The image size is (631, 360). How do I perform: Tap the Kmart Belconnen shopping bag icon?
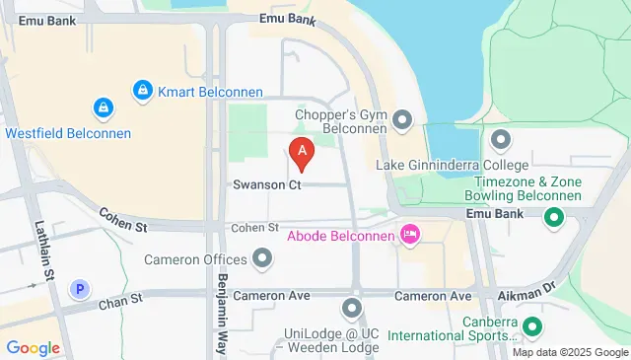pos(143,92)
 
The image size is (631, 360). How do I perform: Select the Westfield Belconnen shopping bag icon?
pos(102,107)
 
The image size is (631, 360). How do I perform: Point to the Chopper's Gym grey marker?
pos(402,121)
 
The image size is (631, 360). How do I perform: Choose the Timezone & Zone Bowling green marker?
pos(554,217)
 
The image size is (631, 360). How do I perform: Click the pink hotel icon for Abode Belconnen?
pos(408,235)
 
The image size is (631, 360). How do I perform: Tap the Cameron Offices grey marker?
pos(262,259)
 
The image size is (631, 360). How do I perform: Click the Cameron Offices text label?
pos(194,259)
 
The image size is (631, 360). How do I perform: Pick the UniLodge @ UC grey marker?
pos(353,310)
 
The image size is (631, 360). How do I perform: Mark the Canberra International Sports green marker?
pos(532,325)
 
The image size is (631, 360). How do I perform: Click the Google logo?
pos(34,347)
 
